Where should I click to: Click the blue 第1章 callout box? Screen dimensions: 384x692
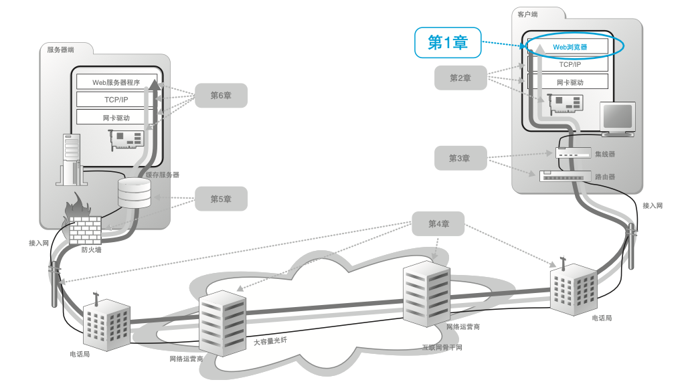[448, 43]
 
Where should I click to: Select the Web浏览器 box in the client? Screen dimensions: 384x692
[569, 47]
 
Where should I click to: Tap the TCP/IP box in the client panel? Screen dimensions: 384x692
[569, 64]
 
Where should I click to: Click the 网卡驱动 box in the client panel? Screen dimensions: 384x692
[569, 82]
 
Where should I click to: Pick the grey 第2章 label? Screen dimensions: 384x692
[460, 78]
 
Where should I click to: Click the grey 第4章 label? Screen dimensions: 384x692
[438, 223]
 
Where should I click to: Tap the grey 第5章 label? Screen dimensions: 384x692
[221, 199]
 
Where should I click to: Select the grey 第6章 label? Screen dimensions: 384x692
[221, 96]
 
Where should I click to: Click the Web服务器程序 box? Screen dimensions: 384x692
[116, 82]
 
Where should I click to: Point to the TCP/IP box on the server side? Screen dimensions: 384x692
[116, 100]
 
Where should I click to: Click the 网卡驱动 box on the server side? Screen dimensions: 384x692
[116, 117]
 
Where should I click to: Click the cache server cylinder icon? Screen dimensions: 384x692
[135, 193]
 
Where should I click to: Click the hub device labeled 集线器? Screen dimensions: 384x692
[573, 153]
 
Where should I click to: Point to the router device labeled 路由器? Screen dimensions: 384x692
[564, 177]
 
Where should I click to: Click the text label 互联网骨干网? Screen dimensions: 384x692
[442, 348]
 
